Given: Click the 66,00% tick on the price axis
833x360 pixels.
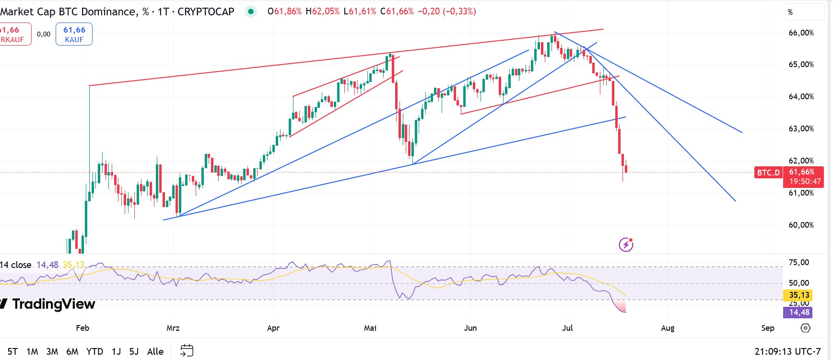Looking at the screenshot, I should (801, 33).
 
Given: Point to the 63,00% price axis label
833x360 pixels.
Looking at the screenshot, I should (801, 128).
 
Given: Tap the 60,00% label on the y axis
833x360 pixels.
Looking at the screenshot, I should (801, 225).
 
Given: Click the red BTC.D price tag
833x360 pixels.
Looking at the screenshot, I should (768, 173).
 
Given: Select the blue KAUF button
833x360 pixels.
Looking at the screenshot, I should (74, 35).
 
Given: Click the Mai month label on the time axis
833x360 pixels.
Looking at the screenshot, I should (370, 328).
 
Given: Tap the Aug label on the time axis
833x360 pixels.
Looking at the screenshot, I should (668, 328).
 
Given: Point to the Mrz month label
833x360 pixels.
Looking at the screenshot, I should (173, 328).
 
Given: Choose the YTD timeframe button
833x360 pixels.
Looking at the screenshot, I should (94, 351).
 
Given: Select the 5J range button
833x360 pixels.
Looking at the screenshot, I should (134, 351).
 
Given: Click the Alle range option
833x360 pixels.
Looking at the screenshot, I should (155, 351).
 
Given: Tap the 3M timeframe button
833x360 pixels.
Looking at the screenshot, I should (52, 351).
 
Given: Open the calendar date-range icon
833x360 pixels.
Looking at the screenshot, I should (187, 351).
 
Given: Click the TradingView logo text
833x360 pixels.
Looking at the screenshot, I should (53, 304).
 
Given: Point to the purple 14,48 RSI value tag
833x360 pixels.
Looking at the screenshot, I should (799, 312).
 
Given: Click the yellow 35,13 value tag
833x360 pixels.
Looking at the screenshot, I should (799, 295).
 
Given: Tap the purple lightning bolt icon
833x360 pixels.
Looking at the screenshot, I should (626, 244).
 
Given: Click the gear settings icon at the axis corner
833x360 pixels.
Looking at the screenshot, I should (806, 328).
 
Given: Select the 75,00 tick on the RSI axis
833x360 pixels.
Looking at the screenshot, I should (798, 262).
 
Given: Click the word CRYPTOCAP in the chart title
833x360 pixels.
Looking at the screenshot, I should (206, 12).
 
